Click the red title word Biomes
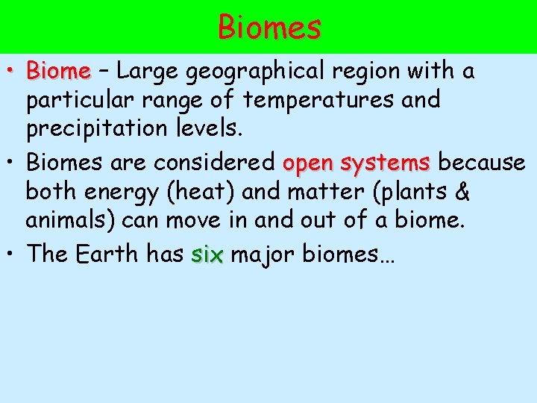[x=269, y=28]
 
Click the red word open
[x=309, y=163]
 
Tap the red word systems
[x=386, y=162]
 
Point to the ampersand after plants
[x=462, y=192]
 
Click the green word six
[x=207, y=254]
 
